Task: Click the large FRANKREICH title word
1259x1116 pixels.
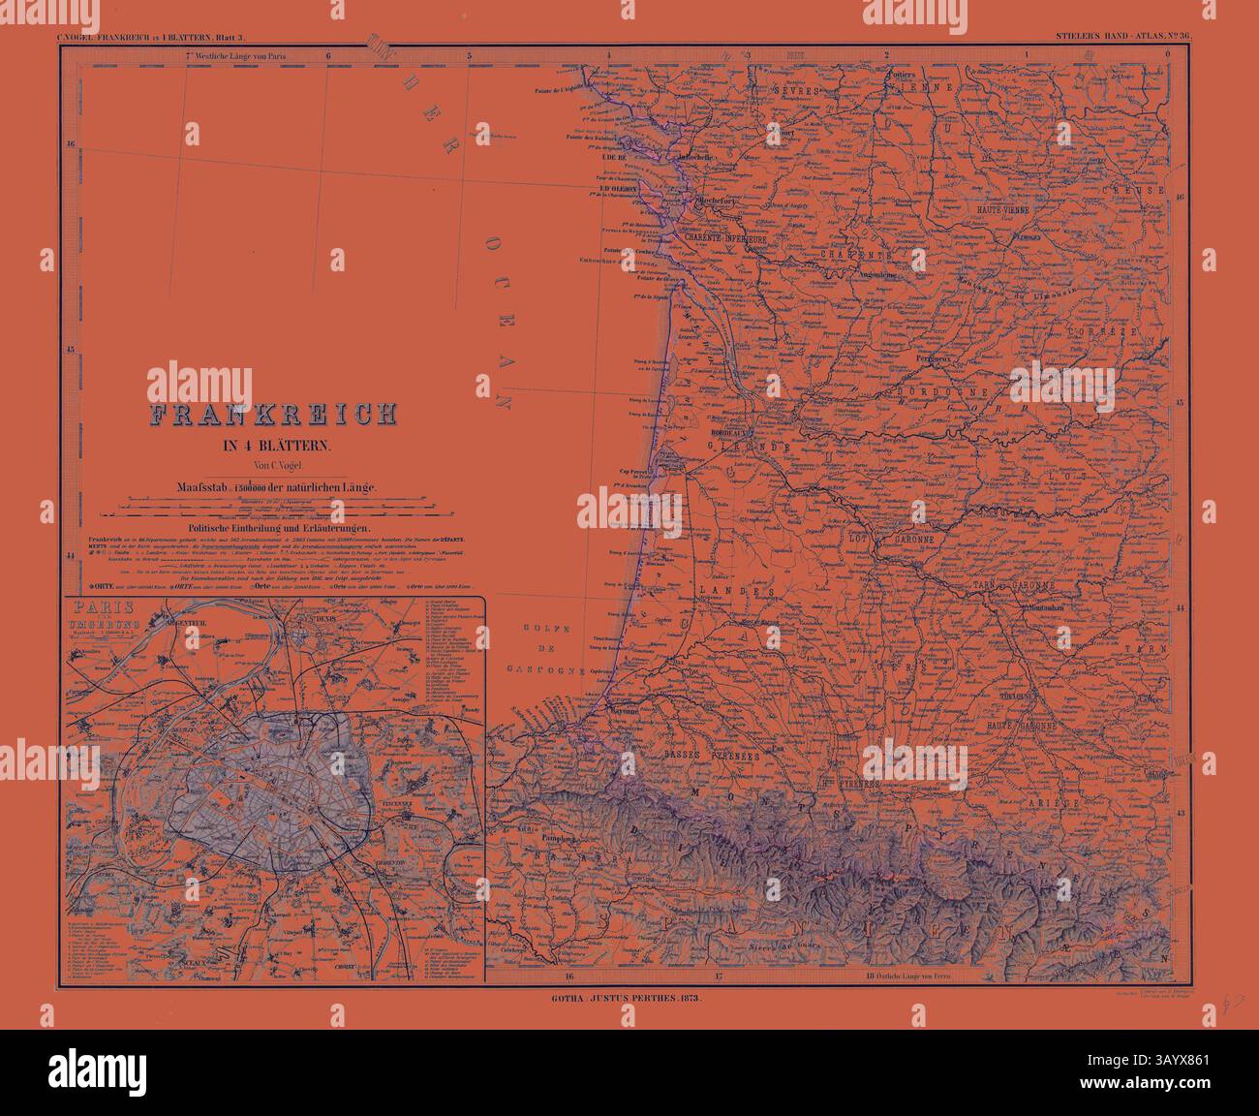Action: coord(272,415)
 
